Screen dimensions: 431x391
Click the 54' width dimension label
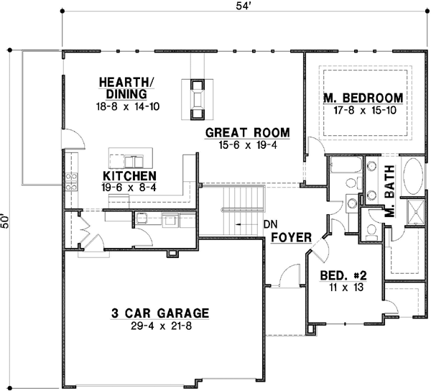point(243,6)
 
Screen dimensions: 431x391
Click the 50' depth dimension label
point(5,220)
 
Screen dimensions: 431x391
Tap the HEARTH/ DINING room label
point(126,88)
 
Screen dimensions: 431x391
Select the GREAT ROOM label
point(247,132)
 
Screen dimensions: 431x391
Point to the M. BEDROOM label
point(363,98)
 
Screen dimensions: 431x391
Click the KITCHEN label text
point(129,175)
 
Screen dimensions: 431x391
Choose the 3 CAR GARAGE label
point(160,313)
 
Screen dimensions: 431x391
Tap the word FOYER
point(292,237)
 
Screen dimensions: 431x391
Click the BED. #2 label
point(343,275)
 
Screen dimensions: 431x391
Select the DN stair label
point(271,224)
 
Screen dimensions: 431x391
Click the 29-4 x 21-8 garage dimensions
point(161,326)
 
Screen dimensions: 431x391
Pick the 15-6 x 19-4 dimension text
point(248,145)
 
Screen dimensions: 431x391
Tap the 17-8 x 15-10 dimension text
point(365,110)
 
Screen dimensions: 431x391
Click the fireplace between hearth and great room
point(197,99)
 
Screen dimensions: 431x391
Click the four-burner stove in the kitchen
point(71,182)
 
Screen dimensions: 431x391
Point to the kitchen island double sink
point(134,162)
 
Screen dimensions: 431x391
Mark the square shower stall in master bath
point(416,212)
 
